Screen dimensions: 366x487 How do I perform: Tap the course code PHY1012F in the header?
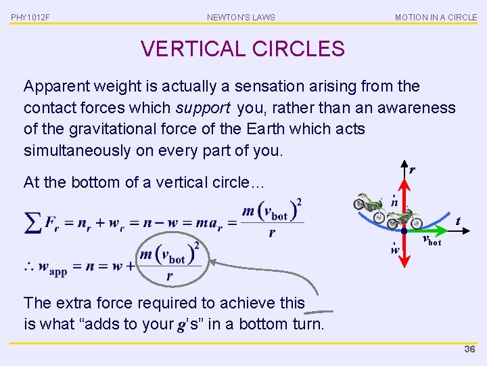(30, 17)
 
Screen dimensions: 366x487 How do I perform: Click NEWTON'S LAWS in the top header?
(241, 17)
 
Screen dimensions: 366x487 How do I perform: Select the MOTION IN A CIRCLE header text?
(436, 17)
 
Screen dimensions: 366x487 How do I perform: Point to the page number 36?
(469, 349)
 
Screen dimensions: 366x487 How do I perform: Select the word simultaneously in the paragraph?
(77, 150)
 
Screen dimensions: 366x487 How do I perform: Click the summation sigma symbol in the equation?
(32, 223)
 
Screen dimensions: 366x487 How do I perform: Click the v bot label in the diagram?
(431, 240)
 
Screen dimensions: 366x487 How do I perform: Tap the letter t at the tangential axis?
(458, 220)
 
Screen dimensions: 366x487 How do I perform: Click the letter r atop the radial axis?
(411, 170)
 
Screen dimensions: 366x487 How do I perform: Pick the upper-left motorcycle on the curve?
(369, 204)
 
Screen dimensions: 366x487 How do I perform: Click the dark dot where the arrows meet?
(404, 231)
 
